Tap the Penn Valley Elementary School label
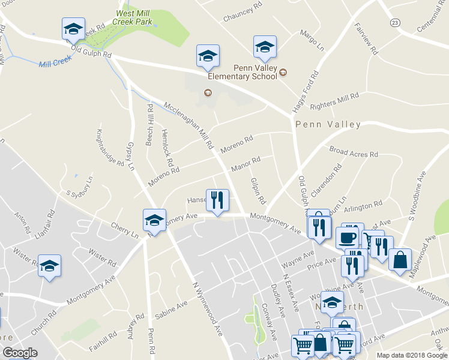pos(243,72)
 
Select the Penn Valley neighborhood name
pos(328,125)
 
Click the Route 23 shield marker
pos(394,22)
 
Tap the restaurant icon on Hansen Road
pos(217,200)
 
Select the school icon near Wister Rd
pos(49,266)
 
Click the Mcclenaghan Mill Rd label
pos(189,124)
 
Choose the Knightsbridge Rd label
pos(112,148)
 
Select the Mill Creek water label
pos(55,61)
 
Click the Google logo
pos(20,353)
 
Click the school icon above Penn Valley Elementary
pos(265,47)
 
